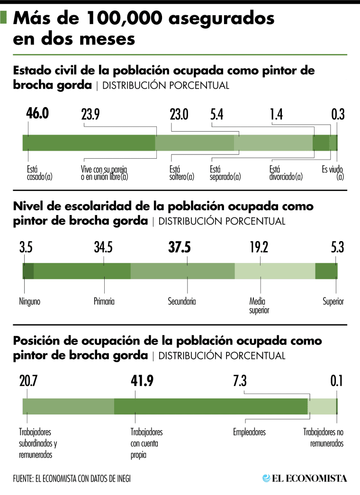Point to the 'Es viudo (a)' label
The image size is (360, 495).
(x=333, y=173)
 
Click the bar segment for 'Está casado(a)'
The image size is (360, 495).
(x=89, y=143)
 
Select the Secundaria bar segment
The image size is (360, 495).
(x=182, y=270)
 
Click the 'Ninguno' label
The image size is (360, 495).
(x=30, y=302)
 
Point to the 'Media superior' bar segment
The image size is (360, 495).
(x=275, y=270)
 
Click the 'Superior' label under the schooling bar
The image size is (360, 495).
(x=333, y=302)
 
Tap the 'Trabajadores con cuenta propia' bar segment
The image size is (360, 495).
(x=211, y=406)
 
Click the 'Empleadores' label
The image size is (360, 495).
(x=249, y=432)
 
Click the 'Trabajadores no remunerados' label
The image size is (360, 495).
(x=323, y=438)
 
